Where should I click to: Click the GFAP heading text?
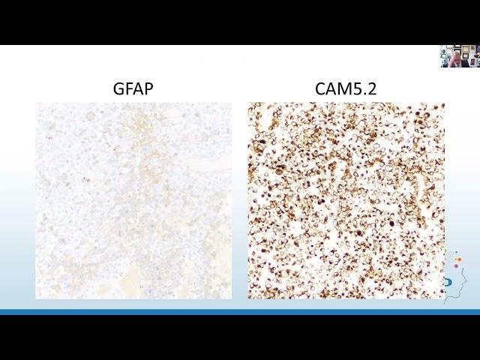pyautogui.click(x=133, y=88)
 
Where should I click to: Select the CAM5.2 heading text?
pyautogui.click(x=346, y=88)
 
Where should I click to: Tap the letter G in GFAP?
pyautogui.click(x=118, y=88)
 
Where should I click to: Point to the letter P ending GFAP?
pyautogui.click(x=148, y=88)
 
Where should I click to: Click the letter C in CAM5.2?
pyautogui.click(x=320, y=88)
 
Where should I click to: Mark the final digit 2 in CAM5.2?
pyautogui.click(x=372, y=88)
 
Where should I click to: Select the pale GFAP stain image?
pyautogui.click(x=133, y=200)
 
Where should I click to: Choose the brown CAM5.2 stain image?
pyautogui.click(x=346, y=200)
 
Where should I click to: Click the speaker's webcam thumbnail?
pyautogui.click(x=460, y=56)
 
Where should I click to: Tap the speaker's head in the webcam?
pyautogui.click(x=457, y=55)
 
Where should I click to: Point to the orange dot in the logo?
pyautogui.click(x=459, y=259)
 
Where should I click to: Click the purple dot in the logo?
pyautogui.click(x=456, y=266)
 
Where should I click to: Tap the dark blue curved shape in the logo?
pyautogui.click(x=448, y=282)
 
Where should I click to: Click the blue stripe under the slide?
pyautogui.click(x=240, y=312)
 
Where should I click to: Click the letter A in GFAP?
pyautogui.click(x=138, y=88)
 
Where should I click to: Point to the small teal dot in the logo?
pyautogui.click(x=457, y=253)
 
